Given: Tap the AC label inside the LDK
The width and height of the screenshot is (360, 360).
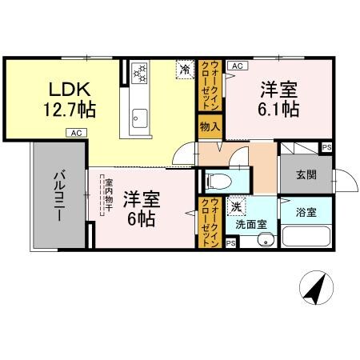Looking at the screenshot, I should (x=74, y=133).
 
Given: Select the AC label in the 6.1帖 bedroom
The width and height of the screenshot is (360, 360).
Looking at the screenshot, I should (x=238, y=66).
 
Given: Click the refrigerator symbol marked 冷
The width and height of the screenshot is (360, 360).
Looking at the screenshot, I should (x=185, y=70).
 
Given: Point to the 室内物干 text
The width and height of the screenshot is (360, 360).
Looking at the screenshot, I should (x=109, y=195).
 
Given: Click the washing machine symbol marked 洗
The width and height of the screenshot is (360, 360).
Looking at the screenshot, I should (x=238, y=207).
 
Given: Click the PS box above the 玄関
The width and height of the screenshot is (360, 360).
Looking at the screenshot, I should (x=326, y=148).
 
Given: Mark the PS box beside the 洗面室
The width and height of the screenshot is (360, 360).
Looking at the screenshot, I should (x=230, y=243).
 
